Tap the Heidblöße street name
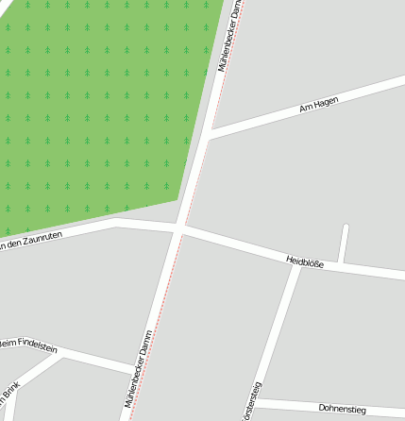[304, 262]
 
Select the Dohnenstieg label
[342, 409]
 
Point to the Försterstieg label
[252, 402]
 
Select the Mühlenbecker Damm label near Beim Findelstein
[138, 372]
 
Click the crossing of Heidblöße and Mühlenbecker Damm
[179, 229]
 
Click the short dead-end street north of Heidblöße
[345, 244]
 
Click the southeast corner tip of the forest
[178, 199]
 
